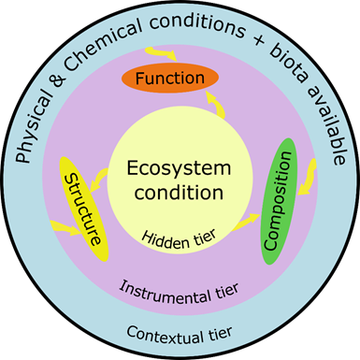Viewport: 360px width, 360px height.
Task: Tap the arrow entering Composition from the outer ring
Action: [x=308, y=169]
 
